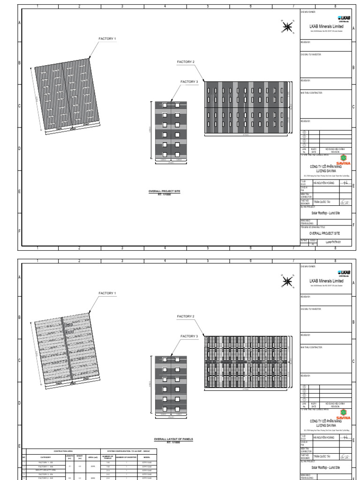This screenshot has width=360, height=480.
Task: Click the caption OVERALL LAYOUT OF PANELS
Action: coord(174,439)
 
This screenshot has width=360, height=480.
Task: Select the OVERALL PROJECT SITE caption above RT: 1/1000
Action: coord(164,191)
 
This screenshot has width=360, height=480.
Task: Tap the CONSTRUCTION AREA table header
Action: coord(63,451)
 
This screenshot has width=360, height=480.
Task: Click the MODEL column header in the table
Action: coord(147,457)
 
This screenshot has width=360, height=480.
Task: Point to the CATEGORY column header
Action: coord(45,457)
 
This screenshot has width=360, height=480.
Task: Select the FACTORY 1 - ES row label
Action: coord(45,462)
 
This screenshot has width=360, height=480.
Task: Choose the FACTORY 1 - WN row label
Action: coord(45,466)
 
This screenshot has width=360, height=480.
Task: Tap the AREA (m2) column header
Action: coord(92,457)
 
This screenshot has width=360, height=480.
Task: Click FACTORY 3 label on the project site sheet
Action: coord(189,82)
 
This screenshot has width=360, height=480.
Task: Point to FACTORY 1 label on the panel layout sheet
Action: coord(107,293)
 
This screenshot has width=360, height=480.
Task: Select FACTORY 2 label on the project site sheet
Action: coord(186,62)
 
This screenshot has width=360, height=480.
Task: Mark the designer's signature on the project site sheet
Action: coord(345,202)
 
